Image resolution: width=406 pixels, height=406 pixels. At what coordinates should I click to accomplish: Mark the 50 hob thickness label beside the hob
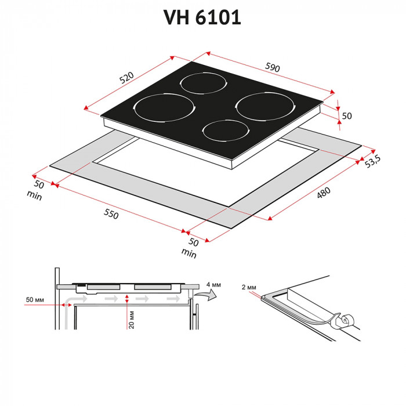pyautogui.click(x=347, y=115)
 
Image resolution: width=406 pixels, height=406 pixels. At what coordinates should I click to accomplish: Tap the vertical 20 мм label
pyautogui.click(x=132, y=318)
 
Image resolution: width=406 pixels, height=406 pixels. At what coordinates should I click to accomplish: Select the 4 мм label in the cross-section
pyautogui.click(x=213, y=285)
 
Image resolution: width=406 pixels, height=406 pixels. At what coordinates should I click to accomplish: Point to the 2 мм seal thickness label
pyautogui.click(x=248, y=287)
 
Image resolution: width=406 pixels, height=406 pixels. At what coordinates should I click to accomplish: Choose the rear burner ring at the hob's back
pyautogui.click(x=201, y=85)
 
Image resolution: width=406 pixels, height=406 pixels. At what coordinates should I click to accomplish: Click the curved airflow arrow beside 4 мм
pyautogui.click(x=206, y=296)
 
